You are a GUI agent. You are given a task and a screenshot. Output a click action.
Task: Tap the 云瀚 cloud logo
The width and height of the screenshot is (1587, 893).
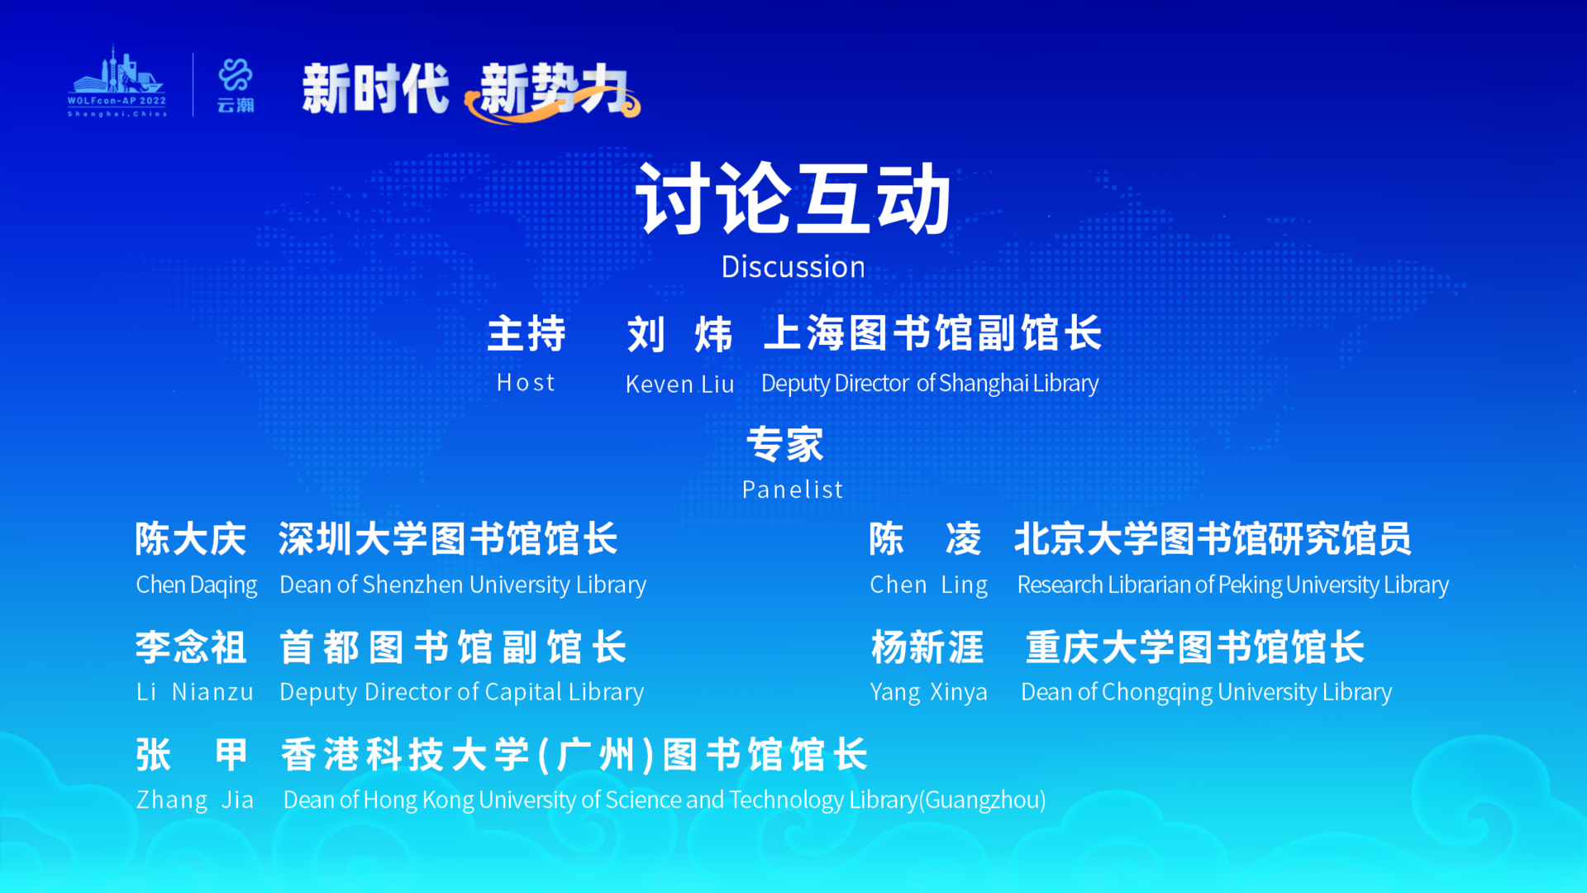coord(236,85)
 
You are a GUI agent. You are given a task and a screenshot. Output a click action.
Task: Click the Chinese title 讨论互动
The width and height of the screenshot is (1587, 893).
coord(793,198)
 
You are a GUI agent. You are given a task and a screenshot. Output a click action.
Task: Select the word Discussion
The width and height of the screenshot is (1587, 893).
coord(793,267)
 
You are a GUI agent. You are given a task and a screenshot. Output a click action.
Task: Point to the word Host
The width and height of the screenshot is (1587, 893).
coord(526,383)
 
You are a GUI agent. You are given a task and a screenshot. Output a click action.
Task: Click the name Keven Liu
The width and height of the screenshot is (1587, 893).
coord(679,384)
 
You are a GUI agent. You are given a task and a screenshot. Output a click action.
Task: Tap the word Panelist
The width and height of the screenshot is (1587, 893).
coord(793,489)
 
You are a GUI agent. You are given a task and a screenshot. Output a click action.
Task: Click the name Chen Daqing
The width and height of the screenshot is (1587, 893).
coord(197,585)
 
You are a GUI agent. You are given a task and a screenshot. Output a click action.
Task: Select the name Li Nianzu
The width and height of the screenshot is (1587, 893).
coord(195,692)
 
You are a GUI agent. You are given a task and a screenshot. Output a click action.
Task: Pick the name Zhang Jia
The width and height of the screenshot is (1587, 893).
coord(195,800)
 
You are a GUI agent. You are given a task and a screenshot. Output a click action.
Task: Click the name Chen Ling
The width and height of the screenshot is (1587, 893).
coord(929,585)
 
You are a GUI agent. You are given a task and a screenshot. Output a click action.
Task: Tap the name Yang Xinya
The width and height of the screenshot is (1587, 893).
coord(929,692)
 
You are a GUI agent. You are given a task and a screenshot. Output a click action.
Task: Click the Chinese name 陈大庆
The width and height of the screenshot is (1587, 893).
coord(191,539)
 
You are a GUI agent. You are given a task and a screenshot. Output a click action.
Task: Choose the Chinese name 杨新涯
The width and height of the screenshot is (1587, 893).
coord(927,647)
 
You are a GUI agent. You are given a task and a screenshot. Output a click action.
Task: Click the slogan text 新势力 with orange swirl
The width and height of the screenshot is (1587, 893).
coord(553,89)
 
